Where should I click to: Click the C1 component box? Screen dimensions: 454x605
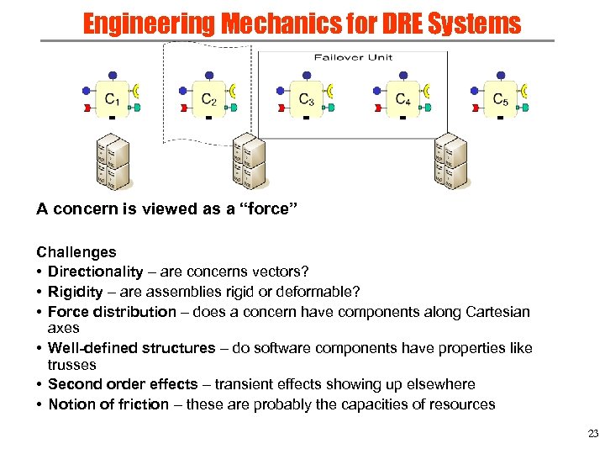112,99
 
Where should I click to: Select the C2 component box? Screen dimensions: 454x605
209,99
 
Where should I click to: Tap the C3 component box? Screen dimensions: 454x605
307,99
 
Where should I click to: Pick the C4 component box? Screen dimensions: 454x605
403,99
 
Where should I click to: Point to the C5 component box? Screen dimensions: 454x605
500,99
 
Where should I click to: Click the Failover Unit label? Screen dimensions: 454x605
353,57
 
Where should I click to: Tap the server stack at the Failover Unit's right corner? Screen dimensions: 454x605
449,161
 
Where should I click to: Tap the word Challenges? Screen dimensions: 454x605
76,251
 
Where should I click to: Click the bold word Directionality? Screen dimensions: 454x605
96,272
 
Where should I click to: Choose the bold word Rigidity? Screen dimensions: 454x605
76,292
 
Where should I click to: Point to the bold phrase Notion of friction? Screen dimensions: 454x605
108,404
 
